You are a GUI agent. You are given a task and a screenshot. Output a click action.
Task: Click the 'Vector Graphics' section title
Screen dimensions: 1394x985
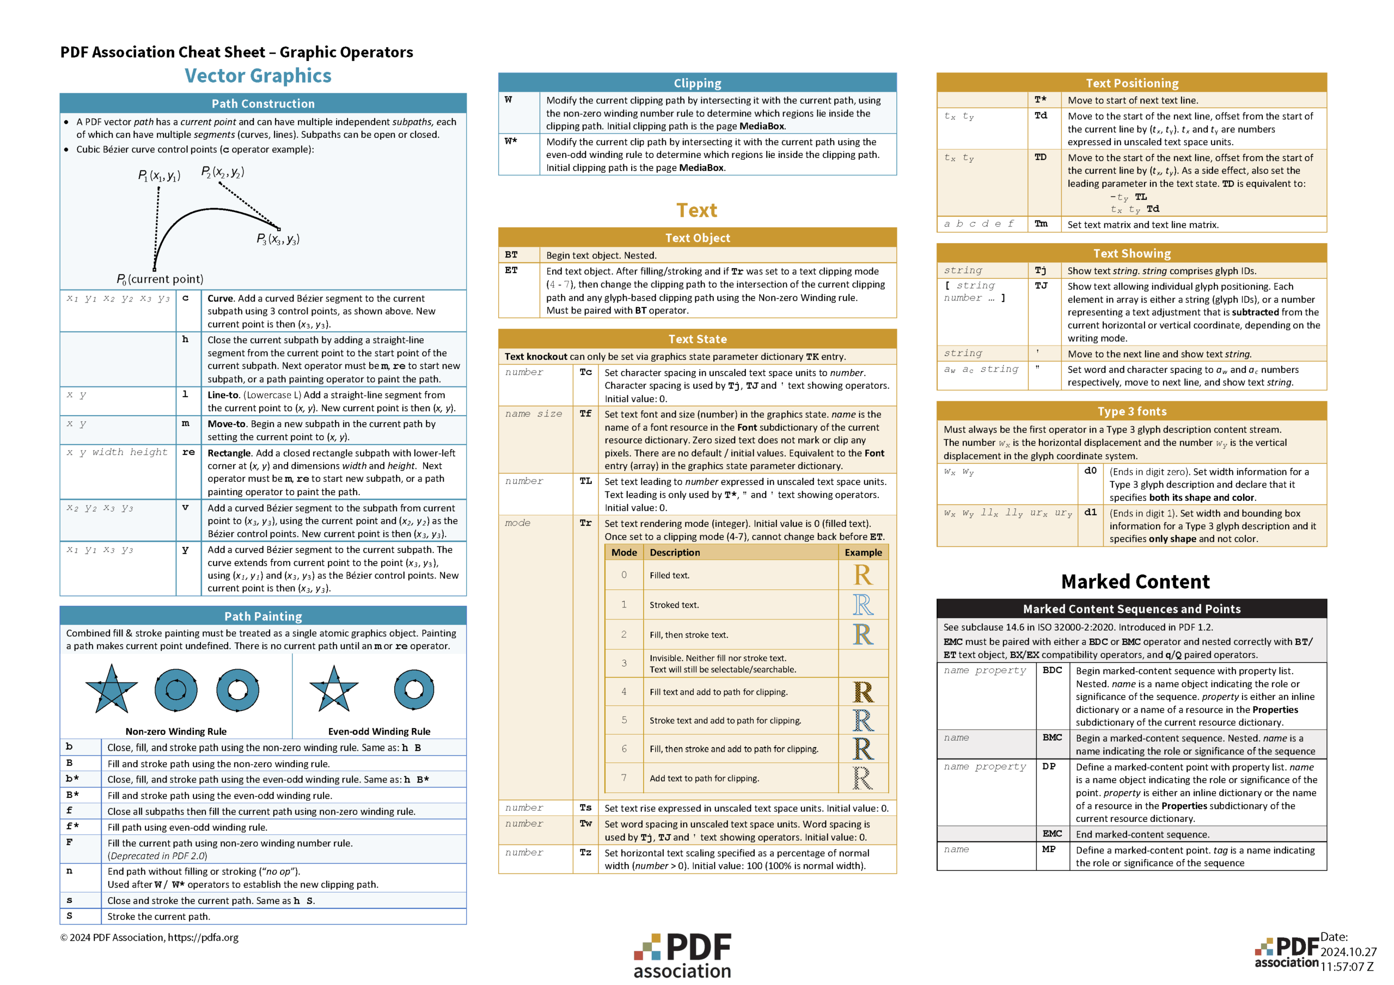[258, 75]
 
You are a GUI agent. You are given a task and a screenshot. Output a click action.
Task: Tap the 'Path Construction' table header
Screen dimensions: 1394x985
[263, 103]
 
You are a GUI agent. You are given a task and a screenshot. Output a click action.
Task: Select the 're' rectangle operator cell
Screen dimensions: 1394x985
[188, 452]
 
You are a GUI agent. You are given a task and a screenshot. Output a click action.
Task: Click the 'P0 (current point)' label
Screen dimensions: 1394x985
[160, 279]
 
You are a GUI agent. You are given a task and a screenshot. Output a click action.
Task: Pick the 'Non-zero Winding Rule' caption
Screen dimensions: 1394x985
[175, 731]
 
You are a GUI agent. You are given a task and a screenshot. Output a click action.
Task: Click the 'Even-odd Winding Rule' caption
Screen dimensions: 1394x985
[379, 731]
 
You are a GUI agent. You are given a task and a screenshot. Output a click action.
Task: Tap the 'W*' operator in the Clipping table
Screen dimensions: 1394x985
[511, 141]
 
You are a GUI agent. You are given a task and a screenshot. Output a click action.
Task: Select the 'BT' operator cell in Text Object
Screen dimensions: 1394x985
[511, 255]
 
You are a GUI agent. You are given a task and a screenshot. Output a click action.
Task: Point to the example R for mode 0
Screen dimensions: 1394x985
[863, 575]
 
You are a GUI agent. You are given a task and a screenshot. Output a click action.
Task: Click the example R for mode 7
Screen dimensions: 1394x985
[863, 778]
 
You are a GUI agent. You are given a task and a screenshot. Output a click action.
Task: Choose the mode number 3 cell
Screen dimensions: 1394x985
[623, 663]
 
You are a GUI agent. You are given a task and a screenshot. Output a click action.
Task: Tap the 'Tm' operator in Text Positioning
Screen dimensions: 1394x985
[1041, 224]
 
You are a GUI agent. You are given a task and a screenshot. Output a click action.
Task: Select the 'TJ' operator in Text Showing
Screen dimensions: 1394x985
[1041, 286]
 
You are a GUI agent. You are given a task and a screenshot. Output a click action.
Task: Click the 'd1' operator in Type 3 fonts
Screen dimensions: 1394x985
[1091, 512]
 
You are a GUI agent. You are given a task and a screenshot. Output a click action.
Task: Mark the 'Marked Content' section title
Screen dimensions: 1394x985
[1135, 581]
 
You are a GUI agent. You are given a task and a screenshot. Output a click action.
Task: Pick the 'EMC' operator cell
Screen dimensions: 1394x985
[1052, 834]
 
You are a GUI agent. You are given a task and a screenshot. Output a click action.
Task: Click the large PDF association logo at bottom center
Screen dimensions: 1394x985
[682, 955]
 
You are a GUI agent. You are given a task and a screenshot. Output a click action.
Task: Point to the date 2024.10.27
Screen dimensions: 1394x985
[1348, 952]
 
